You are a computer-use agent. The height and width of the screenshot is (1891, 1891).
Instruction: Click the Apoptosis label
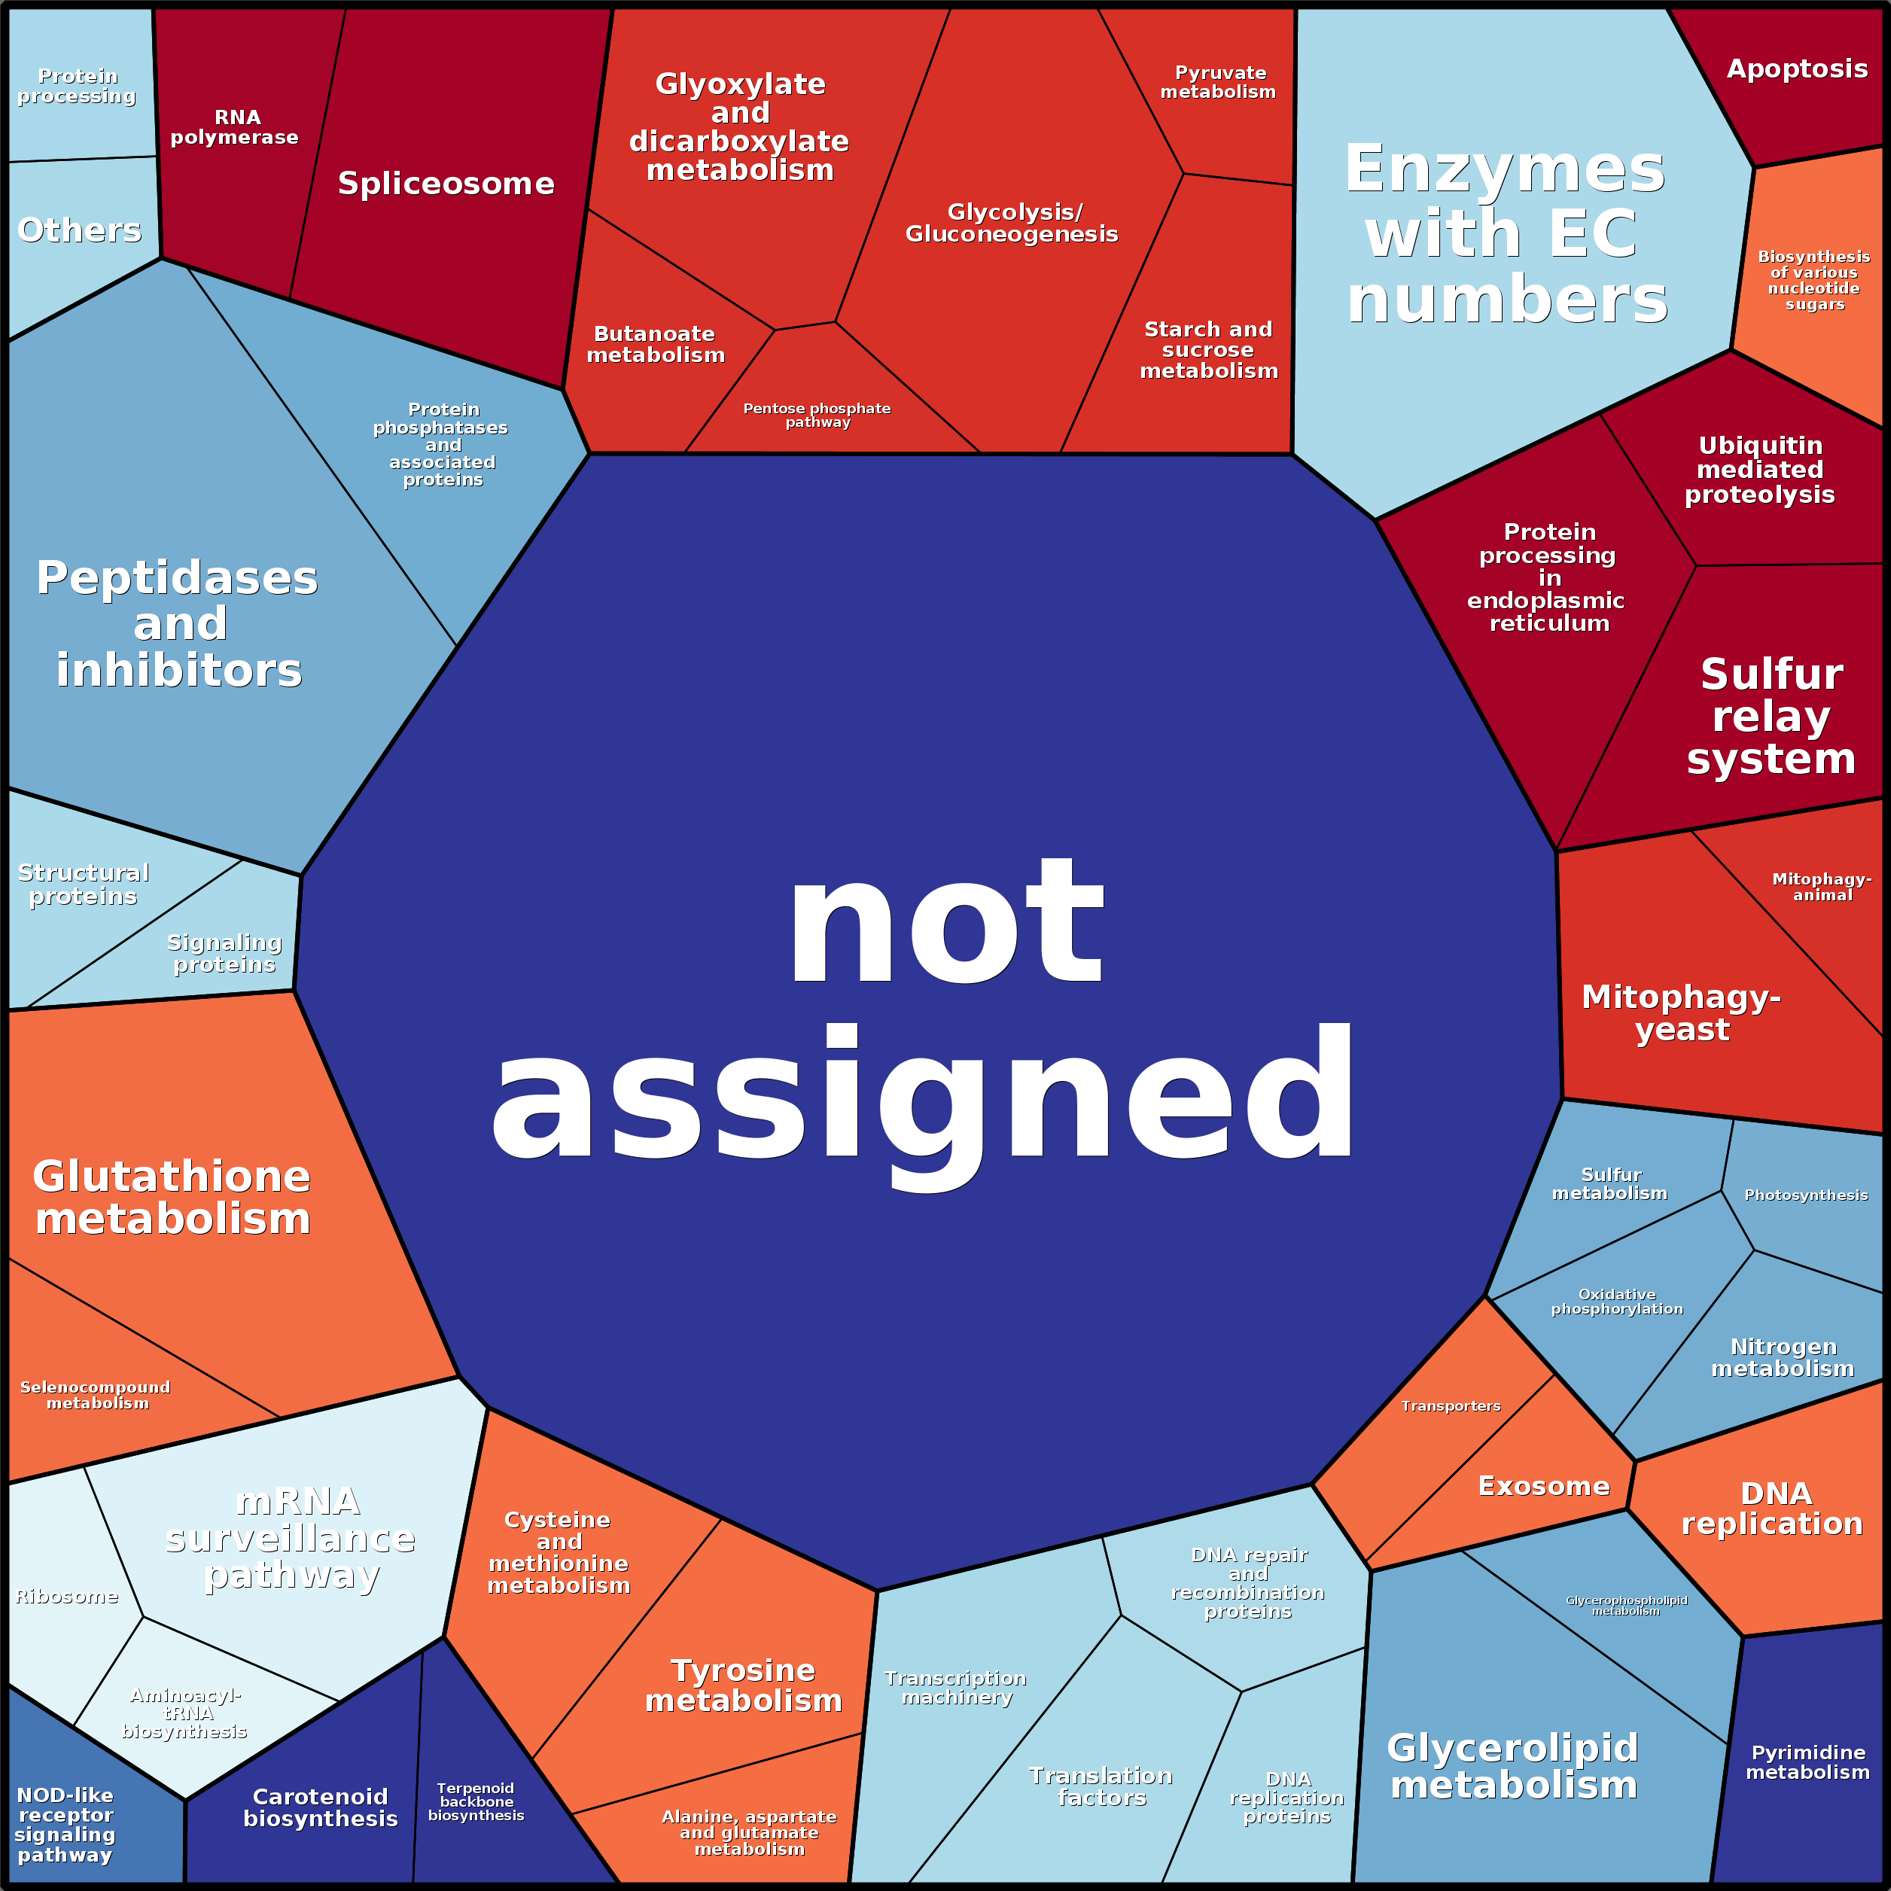point(1797,69)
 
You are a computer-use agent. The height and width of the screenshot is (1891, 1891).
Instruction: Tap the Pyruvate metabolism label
point(1219,82)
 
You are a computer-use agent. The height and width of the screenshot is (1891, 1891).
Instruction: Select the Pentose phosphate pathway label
point(818,415)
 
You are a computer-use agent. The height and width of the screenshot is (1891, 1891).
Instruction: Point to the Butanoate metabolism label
point(656,345)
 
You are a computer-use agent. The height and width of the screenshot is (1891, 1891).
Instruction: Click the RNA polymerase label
point(235,127)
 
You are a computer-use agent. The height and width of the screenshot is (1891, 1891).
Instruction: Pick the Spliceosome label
point(446,183)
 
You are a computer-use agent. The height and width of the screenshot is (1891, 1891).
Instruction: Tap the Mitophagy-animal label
point(1822,887)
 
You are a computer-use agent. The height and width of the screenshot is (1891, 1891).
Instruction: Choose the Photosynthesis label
point(1806,1195)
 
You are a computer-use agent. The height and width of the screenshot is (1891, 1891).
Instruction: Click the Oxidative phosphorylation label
point(1617,1302)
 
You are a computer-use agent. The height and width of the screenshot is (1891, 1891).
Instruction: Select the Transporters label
point(1451,1405)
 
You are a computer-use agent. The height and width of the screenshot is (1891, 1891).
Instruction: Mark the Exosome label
point(1543,1486)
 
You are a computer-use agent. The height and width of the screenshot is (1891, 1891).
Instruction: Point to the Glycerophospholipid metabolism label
point(1626,1605)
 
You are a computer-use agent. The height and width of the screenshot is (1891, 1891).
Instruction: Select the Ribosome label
point(66,1597)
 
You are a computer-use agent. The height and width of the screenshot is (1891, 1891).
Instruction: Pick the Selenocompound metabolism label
point(96,1395)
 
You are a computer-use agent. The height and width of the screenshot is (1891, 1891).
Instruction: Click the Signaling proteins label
point(224,953)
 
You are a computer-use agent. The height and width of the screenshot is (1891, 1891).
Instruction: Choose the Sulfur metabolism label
point(1610,1183)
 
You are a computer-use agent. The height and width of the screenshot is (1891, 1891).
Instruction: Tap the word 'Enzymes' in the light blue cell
point(1504,169)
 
